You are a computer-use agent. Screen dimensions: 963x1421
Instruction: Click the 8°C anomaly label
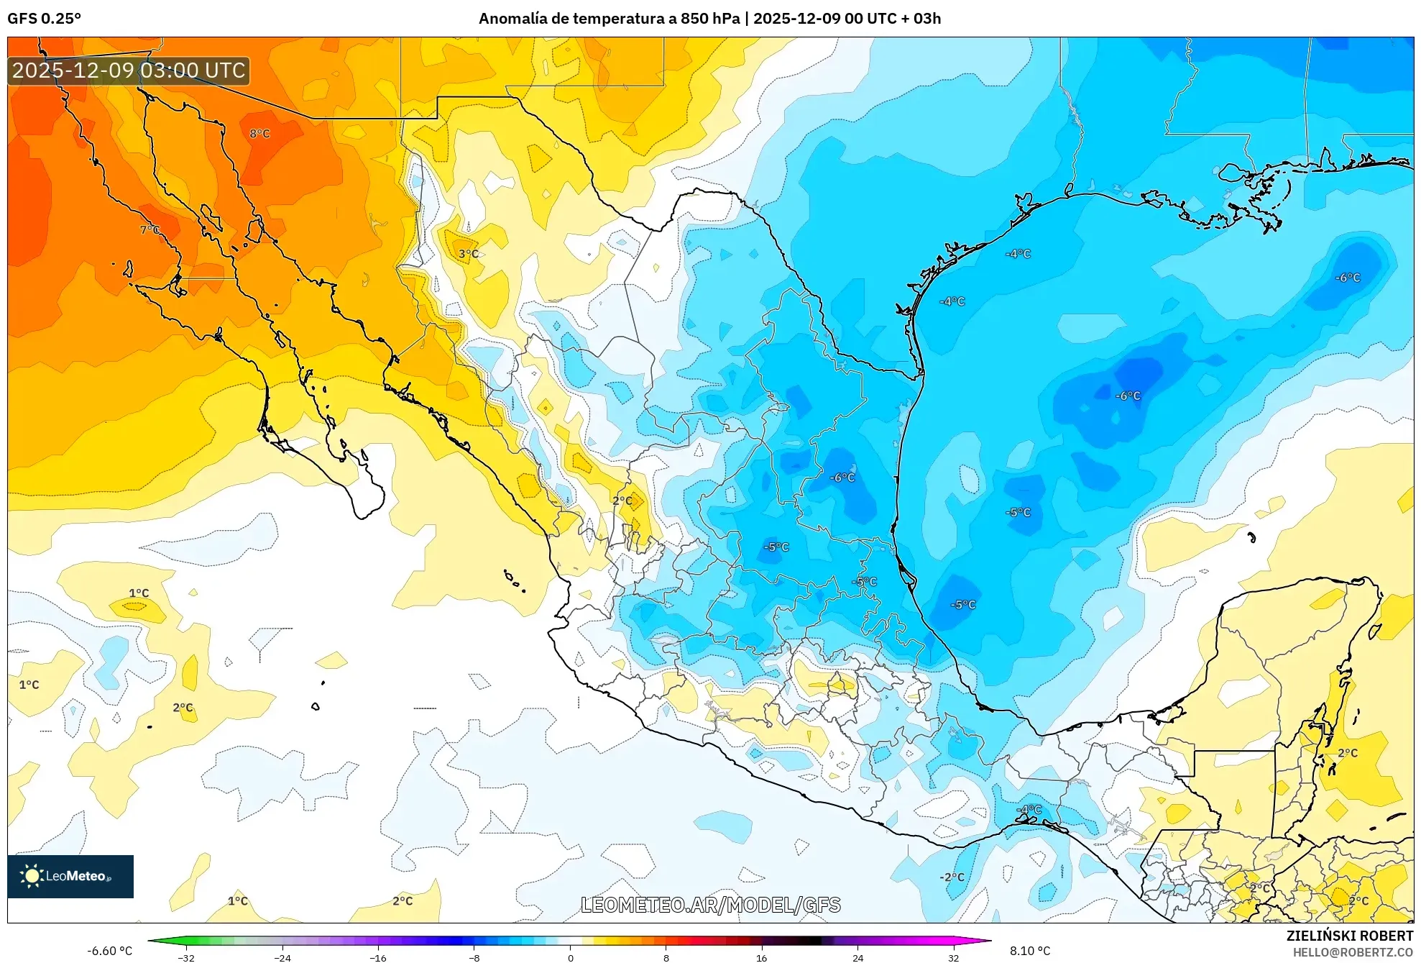pyautogui.click(x=259, y=134)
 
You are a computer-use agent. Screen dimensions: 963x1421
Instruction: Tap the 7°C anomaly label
pyautogui.click(x=150, y=230)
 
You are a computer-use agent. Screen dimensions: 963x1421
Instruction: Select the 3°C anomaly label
pyautogui.click(x=468, y=254)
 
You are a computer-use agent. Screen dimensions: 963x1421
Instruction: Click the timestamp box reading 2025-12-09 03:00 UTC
pyautogui.click(x=129, y=70)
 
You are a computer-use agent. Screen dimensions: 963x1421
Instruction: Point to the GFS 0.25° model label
pyautogui.click(x=44, y=19)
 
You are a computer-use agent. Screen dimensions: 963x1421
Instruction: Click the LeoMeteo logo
pyautogui.click(x=70, y=876)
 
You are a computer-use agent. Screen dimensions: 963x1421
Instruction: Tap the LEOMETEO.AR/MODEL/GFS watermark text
pyautogui.click(x=710, y=905)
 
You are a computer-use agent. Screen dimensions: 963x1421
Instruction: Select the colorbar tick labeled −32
pyautogui.click(x=186, y=957)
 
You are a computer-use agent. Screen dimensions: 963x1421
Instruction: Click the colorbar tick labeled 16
pyautogui.click(x=762, y=957)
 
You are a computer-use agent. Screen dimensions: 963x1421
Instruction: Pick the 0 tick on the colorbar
pyautogui.click(x=571, y=957)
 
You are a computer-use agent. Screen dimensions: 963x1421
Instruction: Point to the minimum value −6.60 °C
pyautogui.click(x=109, y=951)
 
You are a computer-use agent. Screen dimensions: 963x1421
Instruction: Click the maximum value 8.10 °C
pyautogui.click(x=1029, y=951)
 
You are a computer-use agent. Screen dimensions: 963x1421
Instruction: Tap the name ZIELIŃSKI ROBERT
pyautogui.click(x=1349, y=936)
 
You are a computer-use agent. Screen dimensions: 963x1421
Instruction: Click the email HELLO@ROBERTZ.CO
pyautogui.click(x=1353, y=952)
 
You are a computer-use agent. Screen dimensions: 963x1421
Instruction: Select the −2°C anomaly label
pyautogui.click(x=952, y=877)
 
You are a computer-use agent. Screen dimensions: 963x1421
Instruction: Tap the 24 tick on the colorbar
pyautogui.click(x=857, y=957)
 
